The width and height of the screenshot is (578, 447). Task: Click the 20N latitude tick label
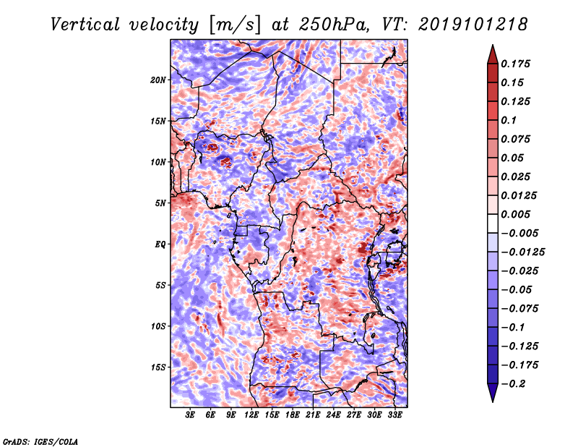point(158,80)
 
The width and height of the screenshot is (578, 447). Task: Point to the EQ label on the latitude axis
point(160,244)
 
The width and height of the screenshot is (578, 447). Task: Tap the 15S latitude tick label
point(158,367)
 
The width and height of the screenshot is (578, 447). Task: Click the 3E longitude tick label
point(191,416)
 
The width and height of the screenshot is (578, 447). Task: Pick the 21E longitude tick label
point(313,416)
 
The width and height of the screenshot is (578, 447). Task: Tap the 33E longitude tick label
point(394,416)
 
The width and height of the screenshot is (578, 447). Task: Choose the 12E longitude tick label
point(252,416)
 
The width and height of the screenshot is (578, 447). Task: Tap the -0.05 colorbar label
point(517,290)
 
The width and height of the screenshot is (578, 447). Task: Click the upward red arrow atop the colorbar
point(492,53)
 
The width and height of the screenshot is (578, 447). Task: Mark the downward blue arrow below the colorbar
point(492,393)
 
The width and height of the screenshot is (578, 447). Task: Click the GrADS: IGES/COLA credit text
point(40,440)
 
